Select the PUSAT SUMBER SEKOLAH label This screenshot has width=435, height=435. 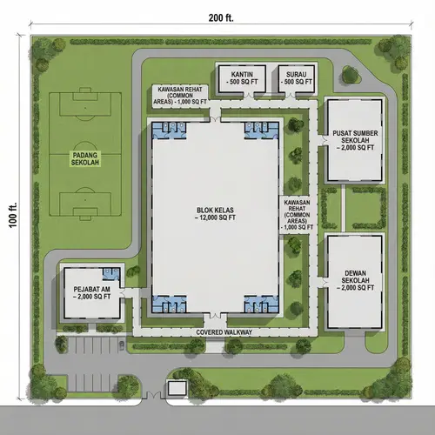(x=353, y=140)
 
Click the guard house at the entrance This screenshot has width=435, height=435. (x=177, y=387)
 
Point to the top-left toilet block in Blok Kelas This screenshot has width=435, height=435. (x=168, y=130)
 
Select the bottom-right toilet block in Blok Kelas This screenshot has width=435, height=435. (x=260, y=304)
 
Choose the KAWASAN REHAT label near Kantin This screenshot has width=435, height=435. (x=182, y=96)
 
